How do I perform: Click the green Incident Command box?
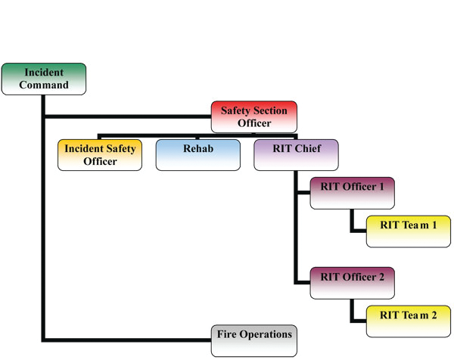tap(43, 79)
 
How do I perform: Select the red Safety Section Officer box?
tap(253, 116)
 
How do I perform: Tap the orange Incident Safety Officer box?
tap(100, 155)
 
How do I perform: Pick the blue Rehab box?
tap(198, 155)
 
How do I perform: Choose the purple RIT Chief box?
tap(296, 155)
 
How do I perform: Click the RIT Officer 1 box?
tap(353, 193)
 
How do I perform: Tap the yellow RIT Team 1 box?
tap(409, 230)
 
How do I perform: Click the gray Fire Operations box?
tap(253, 340)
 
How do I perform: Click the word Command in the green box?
tap(44, 85)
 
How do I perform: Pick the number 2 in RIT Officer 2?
tap(381, 277)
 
